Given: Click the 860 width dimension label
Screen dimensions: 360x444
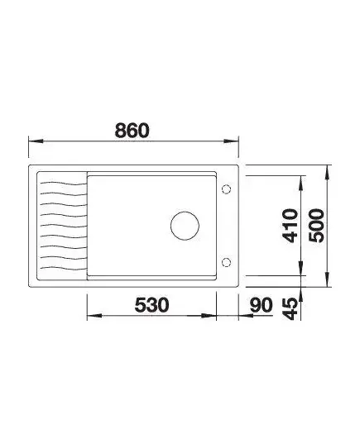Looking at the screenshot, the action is pos(132,131).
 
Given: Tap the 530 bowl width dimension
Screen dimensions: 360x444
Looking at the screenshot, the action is pos(151,305).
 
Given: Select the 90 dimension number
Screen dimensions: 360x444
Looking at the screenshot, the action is pos(261,305).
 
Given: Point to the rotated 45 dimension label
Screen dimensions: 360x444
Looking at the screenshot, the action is pos(290,309).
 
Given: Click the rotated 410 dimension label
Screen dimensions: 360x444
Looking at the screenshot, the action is pos(290,226).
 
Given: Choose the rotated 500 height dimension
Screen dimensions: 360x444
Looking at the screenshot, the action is pos(316,226).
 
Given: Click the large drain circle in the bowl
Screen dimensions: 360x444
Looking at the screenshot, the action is pos(185,226).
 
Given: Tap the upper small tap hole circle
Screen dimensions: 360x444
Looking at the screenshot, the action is pos(226,189).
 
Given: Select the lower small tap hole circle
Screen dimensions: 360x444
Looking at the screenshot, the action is pos(226,262).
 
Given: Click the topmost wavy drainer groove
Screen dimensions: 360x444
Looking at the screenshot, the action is pos(63,184).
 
